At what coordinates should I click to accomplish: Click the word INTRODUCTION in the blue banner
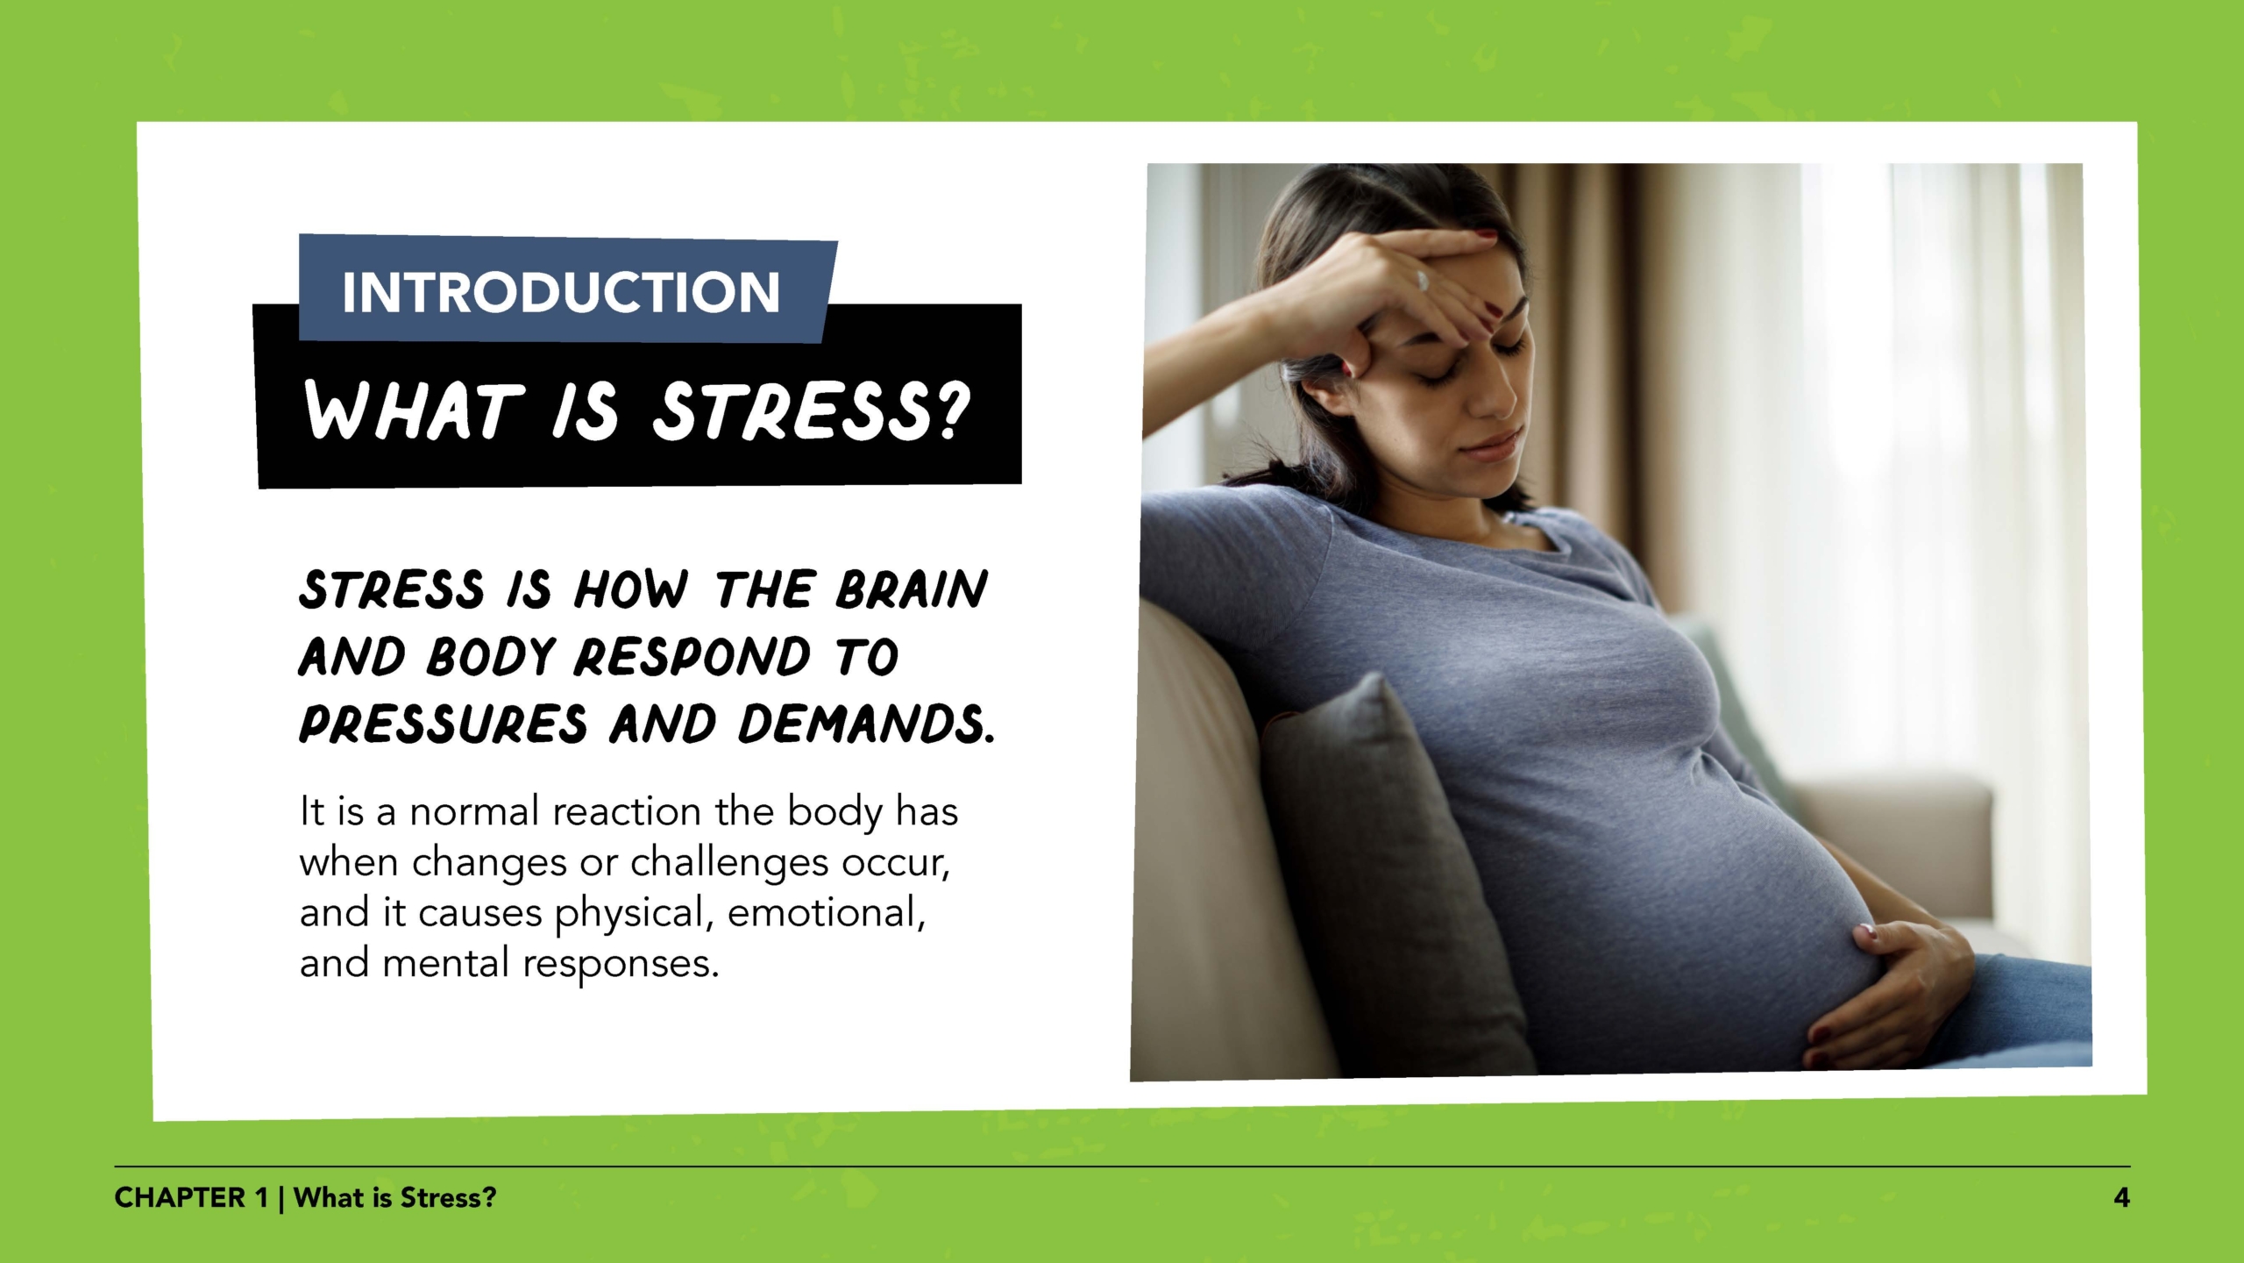coord(560,292)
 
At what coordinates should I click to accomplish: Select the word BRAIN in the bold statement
coord(912,589)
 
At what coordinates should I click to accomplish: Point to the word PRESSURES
coord(443,725)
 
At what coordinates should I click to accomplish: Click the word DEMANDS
coord(866,725)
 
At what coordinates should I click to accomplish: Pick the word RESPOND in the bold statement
coord(692,657)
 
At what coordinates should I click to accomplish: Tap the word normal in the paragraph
coord(473,811)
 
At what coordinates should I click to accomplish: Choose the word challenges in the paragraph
coord(729,863)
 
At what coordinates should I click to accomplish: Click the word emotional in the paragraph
coord(827,913)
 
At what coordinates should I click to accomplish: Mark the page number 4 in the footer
coord(2121,1198)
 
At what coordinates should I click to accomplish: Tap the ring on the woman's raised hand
coord(1422,280)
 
